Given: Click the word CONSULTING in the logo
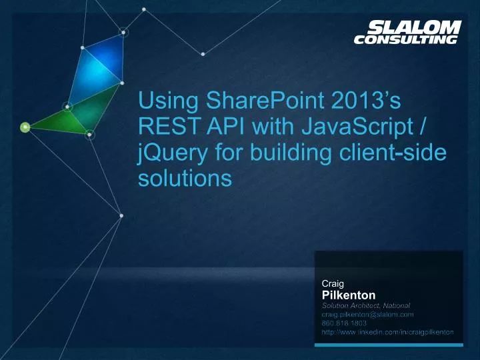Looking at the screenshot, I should tap(406, 39).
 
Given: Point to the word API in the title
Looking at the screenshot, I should tap(214, 127).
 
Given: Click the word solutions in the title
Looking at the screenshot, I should tap(185, 178).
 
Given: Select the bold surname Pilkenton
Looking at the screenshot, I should tap(349, 295).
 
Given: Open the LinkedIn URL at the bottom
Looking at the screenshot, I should tap(388, 331).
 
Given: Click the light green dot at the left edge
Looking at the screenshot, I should tap(25, 127).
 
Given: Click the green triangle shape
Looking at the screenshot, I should tap(63, 120).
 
